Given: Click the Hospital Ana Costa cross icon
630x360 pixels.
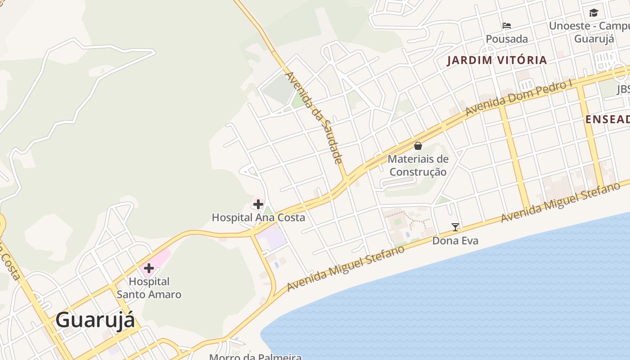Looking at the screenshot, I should (258, 205).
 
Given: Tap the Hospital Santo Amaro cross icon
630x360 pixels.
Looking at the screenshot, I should (148, 269).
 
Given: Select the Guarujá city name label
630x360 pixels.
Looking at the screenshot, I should (95, 320).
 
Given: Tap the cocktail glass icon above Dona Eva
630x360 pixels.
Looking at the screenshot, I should (455, 227).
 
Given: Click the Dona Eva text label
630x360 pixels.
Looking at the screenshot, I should (455, 241).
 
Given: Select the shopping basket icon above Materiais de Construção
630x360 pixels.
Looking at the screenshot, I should (418, 146).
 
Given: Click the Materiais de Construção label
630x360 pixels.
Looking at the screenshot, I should (418, 166).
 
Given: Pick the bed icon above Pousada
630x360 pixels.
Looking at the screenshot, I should (507, 26).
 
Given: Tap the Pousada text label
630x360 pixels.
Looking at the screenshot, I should (507, 39).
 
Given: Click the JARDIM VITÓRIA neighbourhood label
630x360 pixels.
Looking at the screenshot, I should (497, 60).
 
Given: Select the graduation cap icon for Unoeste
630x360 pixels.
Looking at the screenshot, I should (594, 13).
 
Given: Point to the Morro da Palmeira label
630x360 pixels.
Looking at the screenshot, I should (255, 357).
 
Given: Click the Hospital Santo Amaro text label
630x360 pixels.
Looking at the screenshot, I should (149, 288).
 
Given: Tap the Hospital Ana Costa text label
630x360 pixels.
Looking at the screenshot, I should (258, 218).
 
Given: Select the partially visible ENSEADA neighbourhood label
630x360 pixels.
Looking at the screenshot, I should (607, 119).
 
